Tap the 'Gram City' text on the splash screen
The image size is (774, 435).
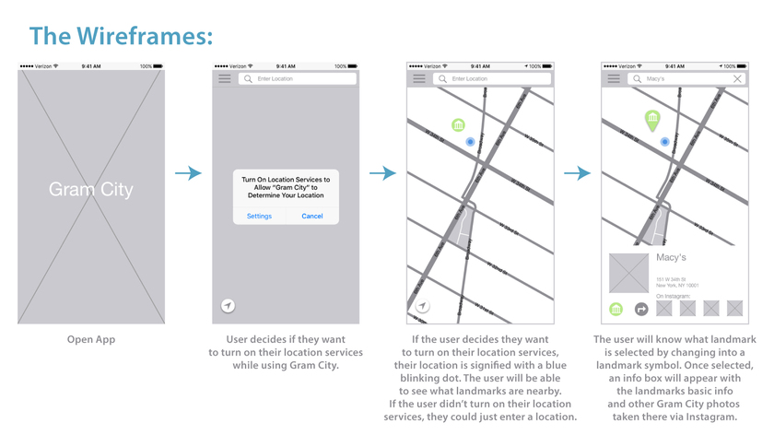click(x=90, y=190)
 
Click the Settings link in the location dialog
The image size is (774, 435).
click(x=259, y=217)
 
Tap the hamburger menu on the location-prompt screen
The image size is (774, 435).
click(x=225, y=79)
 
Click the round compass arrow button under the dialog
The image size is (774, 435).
click(x=228, y=306)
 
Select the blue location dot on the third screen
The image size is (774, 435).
click(x=470, y=142)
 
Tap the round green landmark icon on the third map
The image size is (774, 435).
click(x=458, y=124)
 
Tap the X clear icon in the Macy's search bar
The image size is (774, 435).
click(x=737, y=79)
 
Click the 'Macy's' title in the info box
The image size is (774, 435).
click(x=671, y=257)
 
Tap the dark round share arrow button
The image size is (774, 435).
click(x=642, y=309)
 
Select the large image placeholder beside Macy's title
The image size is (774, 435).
click(x=628, y=273)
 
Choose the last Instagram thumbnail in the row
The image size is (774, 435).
click(x=734, y=309)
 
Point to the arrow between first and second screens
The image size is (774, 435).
click(x=188, y=173)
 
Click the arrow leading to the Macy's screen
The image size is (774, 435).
click(x=577, y=173)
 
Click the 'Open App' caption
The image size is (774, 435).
click(x=90, y=340)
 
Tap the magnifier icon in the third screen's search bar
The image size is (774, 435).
click(x=442, y=79)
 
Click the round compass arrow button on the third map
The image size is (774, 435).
click(x=422, y=306)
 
